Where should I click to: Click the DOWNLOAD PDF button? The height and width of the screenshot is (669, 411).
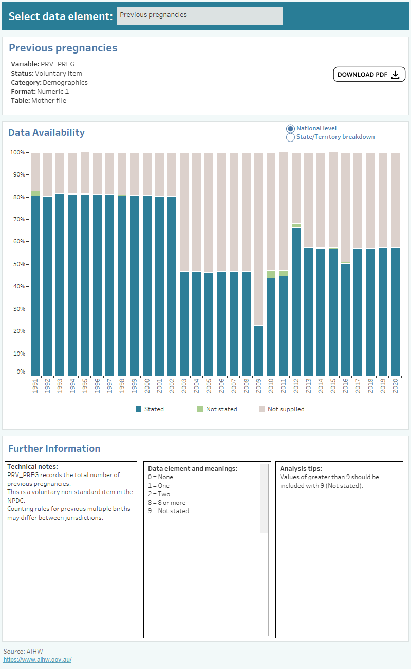click(x=369, y=75)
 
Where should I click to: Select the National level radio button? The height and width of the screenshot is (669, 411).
click(x=290, y=128)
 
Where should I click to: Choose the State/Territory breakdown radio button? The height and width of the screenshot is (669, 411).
click(x=290, y=137)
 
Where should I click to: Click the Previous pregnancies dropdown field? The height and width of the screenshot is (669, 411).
click(x=199, y=15)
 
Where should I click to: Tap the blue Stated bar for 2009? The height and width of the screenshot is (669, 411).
click(x=258, y=350)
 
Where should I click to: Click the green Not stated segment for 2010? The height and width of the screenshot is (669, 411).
click(x=271, y=274)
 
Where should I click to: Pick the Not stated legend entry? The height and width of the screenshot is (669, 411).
click(x=217, y=409)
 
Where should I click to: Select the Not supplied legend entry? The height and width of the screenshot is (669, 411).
click(x=281, y=409)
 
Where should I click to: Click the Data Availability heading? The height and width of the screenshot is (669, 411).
click(x=46, y=132)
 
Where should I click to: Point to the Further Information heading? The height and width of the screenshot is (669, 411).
click(x=54, y=448)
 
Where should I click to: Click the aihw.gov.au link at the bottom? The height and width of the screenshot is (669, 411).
click(x=38, y=659)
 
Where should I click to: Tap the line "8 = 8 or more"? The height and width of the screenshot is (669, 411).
click(x=166, y=503)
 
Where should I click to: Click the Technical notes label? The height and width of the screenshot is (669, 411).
click(x=32, y=466)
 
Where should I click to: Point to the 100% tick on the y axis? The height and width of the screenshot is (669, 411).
click(x=17, y=152)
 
